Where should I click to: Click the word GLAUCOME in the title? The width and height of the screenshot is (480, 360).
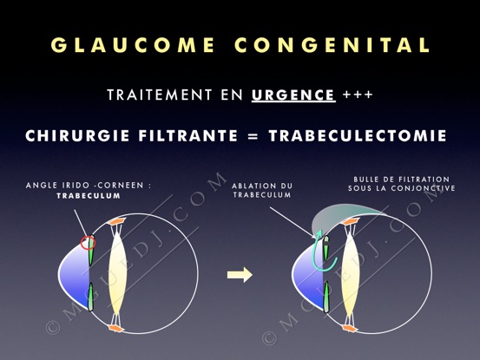(133, 44)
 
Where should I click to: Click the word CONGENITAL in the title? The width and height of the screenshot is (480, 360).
(332, 44)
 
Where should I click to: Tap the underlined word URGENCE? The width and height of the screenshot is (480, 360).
(293, 95)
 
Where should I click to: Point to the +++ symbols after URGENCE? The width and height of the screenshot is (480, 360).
(358, 95)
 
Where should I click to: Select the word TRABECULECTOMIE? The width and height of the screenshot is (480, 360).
(358, 136)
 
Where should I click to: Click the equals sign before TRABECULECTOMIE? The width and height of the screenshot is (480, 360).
(253, 136)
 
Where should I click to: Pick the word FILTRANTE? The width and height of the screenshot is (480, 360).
(188, 136)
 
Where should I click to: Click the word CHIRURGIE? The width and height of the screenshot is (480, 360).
(77, 136)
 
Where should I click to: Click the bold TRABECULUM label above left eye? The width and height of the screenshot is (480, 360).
(89, 196)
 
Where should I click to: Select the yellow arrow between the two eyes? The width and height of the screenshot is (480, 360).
(240, 275)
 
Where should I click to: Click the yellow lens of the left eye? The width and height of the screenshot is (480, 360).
(118, 274)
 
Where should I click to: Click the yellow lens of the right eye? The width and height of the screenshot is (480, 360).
(351, 275)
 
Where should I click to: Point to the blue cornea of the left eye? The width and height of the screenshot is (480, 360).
(75, 275)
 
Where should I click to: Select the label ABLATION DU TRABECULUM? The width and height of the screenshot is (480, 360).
(262, 190)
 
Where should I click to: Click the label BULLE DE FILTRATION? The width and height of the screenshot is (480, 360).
(402, 180)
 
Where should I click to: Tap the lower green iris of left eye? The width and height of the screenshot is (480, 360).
(91, 297)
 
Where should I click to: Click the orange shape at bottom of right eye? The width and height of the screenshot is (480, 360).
(350, 329)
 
